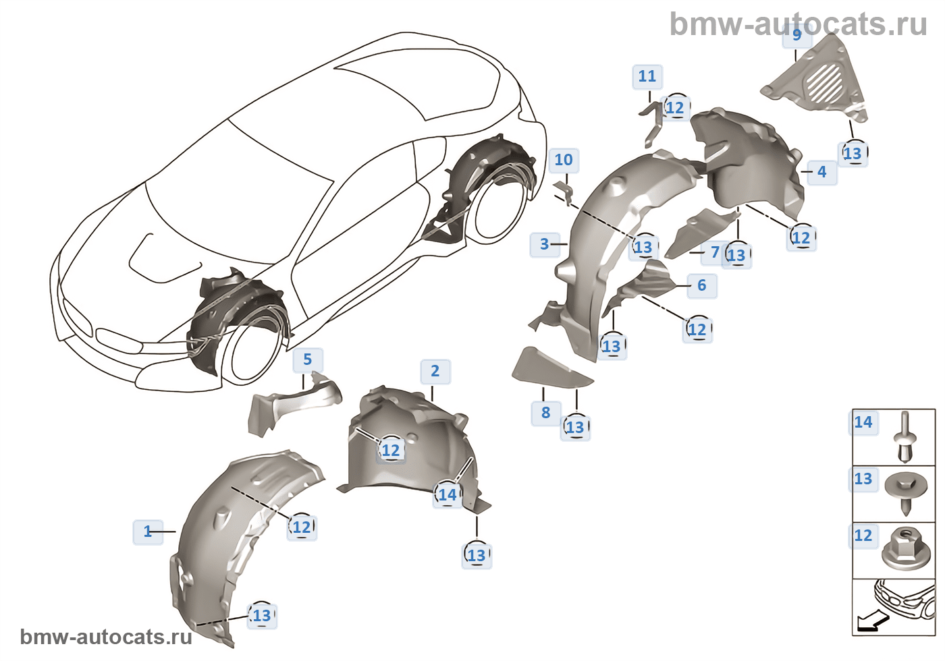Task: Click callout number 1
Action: (x=148, y=531)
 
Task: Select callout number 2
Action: (x=435, y=371)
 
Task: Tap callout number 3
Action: (x=545, y=244)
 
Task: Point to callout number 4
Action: (x=822, y=172)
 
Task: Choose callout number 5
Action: (x=308, y=360)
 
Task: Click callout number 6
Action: (x=701, y=285)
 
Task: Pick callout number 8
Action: (x=546, y=413)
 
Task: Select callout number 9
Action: (x=797, y=34)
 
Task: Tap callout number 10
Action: (x=564, y=160)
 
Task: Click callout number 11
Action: (x=647, y=76)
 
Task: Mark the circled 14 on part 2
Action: (x=448, y=494)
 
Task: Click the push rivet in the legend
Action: (x=904, y=438)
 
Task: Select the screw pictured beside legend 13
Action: (x=906, y=494)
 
